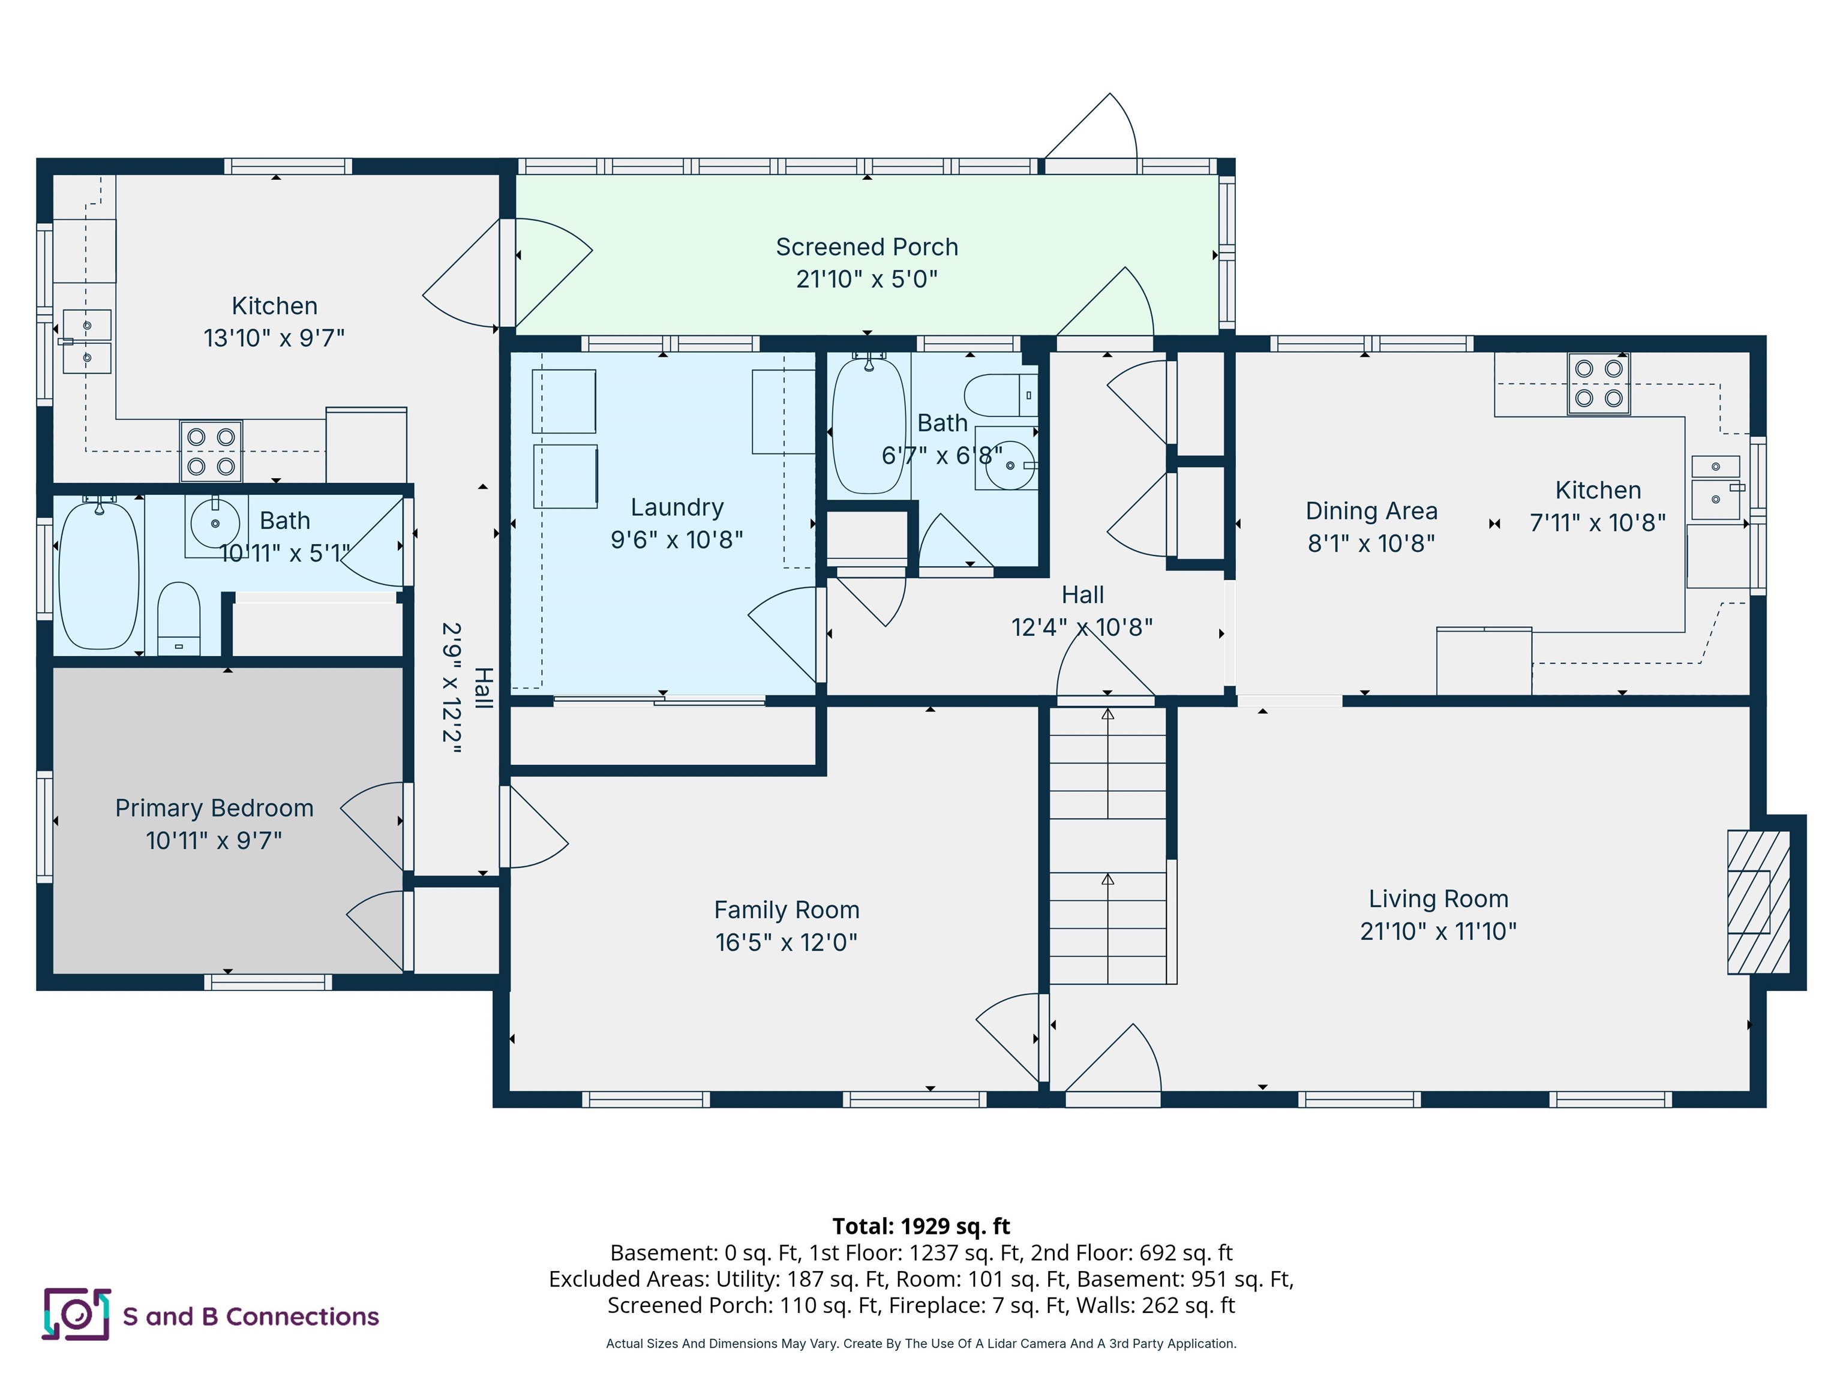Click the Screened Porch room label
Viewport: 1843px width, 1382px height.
[866, 247]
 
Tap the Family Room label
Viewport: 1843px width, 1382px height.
[787, 910]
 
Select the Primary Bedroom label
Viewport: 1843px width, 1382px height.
[214, 808]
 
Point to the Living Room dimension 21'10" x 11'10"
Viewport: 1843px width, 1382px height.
[1438, 932]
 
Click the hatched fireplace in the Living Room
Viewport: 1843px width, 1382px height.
[1758, 902]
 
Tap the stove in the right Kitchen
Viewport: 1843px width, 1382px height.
[1598, 383]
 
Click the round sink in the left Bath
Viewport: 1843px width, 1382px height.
[215, 523]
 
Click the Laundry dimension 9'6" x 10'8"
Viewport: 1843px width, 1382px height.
[677, 540]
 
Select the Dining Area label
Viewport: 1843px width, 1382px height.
[1371, 510]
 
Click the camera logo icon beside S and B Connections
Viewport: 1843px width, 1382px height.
[76, 1315]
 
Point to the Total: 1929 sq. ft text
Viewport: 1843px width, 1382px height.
[921, 1226]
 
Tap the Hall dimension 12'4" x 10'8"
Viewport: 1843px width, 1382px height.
[1082, 627]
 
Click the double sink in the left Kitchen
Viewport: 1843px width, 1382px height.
[86, 341]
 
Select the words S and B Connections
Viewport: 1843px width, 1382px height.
[251, 1316]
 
